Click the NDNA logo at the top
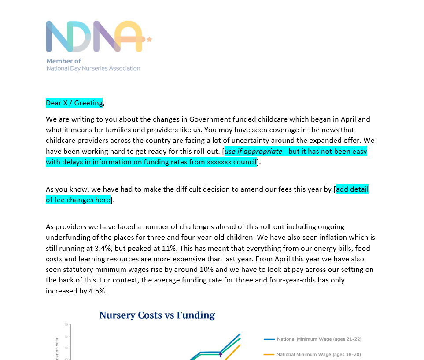click(95, 36)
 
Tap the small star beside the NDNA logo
click(149, 39)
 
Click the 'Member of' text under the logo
click(64, 61)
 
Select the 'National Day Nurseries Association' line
click(93, 68)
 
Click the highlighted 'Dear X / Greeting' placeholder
click(74, 103)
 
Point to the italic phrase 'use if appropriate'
click(253, 151)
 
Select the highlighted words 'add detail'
click(352, 189)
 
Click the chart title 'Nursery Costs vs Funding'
click(157, 315)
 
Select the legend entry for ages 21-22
click(319, 339)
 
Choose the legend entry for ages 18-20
click(319, 354)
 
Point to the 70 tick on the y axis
click(66, 325)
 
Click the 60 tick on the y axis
click(66, 336)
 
